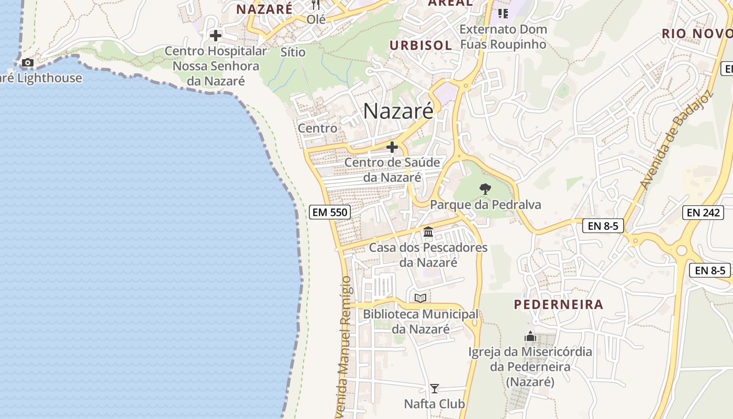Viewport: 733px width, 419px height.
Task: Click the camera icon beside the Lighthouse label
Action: pos(28,63)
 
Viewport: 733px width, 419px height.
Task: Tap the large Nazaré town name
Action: pos(398,111)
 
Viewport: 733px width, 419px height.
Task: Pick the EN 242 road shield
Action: pos(703,212)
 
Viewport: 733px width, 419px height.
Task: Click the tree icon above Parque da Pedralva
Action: pos(485,189)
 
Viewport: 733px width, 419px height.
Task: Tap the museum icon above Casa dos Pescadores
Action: pos(428,231)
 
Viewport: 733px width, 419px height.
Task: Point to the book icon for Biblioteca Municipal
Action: pos(420,298)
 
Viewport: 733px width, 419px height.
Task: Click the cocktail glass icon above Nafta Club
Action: pos(434,389)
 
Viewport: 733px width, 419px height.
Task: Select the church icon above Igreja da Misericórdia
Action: pos(530,336)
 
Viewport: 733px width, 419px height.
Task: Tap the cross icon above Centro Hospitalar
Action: pos(215,36)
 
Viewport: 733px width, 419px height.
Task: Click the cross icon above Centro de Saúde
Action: pos(392,147)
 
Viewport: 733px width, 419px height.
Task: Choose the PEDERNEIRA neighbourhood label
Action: pos(558,304)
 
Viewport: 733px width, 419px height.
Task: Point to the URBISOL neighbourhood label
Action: pos(420,46)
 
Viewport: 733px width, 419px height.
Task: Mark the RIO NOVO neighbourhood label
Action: pos(697,34)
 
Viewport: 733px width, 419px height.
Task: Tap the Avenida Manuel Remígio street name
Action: pos(345,346)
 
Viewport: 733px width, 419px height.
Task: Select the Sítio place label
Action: pos(293,52)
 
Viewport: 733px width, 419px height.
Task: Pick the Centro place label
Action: pos(317,128)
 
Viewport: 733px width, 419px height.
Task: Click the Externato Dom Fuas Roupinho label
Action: pos(503,37)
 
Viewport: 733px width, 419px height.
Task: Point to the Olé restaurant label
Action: pos(316,19)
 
